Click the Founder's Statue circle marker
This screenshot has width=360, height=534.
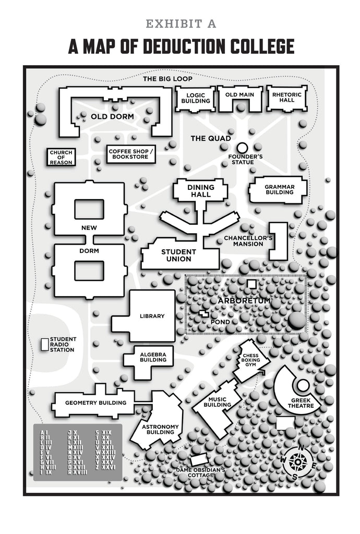coord(242,148)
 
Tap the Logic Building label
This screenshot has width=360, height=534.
coord(195,98)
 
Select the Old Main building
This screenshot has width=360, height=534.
coord(239,99)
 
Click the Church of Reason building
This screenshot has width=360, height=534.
coord(61,157)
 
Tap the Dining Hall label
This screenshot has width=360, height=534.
coord(200,191)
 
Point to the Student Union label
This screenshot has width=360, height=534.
coord(178,256)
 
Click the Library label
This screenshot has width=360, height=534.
coord(152,316)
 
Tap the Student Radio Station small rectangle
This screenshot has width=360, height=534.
coord(44,344)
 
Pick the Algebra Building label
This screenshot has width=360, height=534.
coord(153,357)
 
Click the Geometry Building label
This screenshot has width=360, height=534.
coord(95,403)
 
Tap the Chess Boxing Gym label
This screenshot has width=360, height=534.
coord(250,359)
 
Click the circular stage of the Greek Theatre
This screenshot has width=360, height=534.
coord(303,385)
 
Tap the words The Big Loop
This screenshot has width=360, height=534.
coord(168,79)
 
